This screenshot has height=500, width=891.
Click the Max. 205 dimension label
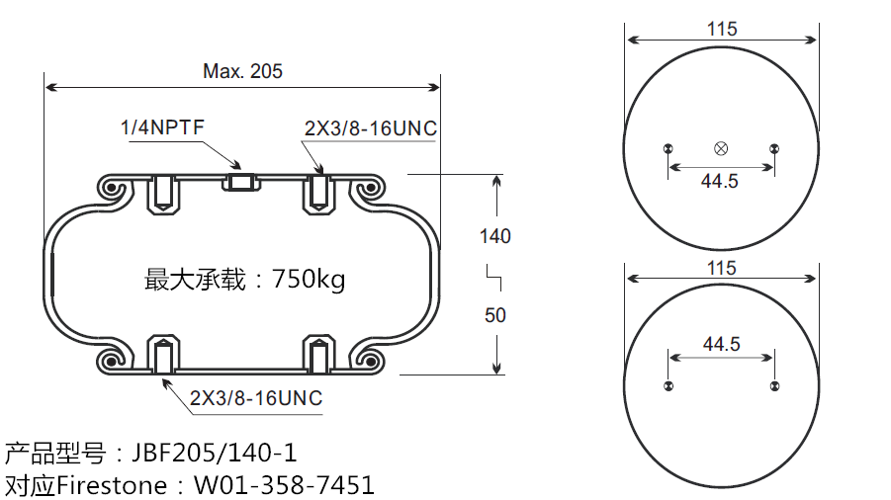[242, 71]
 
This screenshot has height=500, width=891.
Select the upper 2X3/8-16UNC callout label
[371, 129]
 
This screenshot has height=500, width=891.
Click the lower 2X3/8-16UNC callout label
[256, 398]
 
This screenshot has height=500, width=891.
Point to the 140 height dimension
[494, 236]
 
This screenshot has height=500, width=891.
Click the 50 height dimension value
[494, 315]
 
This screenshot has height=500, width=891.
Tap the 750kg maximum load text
[309, 280]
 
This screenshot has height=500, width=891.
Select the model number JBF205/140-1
[208, 454]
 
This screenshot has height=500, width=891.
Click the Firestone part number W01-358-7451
[284, 485]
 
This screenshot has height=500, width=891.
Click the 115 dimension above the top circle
[722, 29]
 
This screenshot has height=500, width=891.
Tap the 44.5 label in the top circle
[721, 181]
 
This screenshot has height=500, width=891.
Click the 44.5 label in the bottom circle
[721, 344]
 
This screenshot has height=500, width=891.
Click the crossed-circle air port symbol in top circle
[721, 149]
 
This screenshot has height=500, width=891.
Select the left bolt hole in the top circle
[669, 149]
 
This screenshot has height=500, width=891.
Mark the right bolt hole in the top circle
[773, 149]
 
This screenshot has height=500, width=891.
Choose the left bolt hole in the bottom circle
[669, 384]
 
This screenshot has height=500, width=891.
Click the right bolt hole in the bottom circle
[773, 384]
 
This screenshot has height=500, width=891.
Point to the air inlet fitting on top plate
[241, 182]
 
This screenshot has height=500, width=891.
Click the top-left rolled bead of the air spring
[112, 189]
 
